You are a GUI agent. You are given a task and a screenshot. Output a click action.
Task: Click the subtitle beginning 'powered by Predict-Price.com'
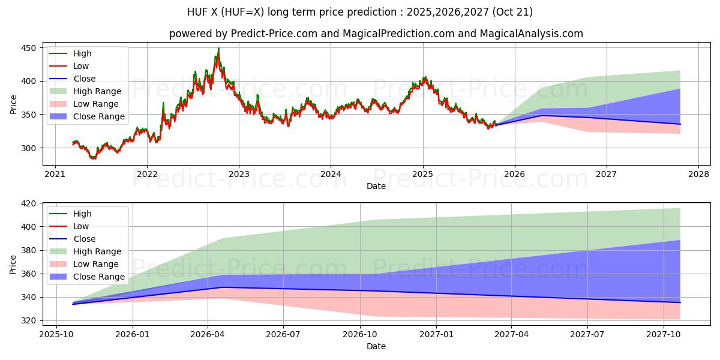pos(376,34)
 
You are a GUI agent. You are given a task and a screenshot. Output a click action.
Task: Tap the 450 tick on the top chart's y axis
pos(28,48)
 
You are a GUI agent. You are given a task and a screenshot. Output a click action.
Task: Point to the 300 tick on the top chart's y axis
pos(28,148)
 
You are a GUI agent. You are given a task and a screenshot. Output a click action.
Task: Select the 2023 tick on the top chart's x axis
pos(239,175)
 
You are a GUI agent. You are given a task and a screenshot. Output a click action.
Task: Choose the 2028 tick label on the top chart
pos(698,175)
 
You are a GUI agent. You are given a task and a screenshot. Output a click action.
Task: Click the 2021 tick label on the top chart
pos(55,175)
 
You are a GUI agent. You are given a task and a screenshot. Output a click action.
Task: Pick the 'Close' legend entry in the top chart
pos(84,79)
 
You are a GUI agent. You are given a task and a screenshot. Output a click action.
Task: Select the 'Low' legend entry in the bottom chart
pos(81,226)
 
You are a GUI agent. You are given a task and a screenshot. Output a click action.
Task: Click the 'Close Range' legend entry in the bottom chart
pos(99,277)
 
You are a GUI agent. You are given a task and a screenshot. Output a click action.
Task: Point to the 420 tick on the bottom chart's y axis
pos(28,203)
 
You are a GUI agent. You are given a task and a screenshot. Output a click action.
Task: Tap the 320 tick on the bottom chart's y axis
pos(28,321)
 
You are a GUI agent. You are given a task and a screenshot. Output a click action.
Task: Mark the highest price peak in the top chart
pos(218,49)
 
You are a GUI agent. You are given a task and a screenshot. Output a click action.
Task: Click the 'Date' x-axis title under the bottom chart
pos(376,346)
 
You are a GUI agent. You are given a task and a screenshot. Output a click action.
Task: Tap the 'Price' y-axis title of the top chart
pos(13,103)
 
